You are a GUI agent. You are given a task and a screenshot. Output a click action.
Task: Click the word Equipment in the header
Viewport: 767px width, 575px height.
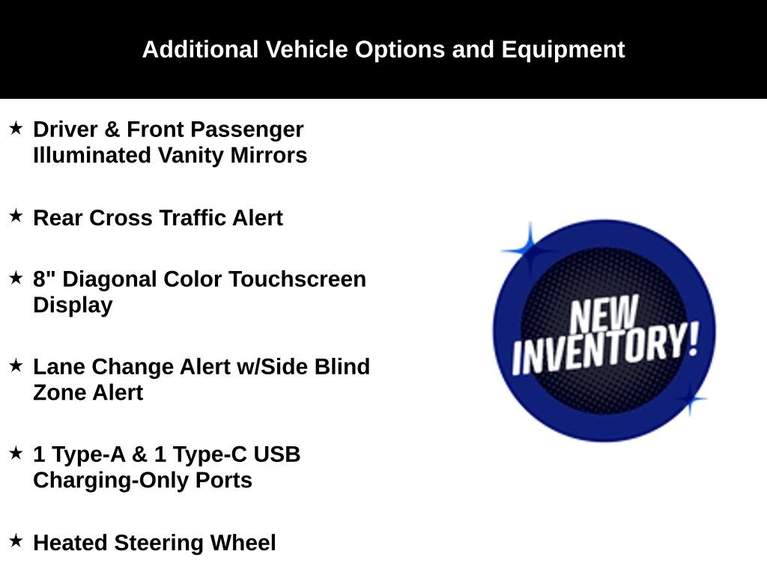pos(563,50)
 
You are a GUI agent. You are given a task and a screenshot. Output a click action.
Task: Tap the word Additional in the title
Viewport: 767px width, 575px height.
pos(200,49)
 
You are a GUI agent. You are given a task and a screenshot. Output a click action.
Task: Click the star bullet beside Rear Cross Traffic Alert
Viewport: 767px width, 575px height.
pos(16,215)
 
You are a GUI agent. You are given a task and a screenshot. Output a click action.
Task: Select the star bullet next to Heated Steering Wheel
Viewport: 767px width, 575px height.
pos(16,541)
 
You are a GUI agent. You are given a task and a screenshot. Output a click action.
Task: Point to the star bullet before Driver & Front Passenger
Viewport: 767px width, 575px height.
pos(16,128)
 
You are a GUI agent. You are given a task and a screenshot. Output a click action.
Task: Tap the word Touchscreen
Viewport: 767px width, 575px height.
pos(297,279)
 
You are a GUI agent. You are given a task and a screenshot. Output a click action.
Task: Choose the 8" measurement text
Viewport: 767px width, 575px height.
pos(44,279)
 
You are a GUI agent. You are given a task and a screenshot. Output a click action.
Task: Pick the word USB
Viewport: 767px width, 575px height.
pos(277,454)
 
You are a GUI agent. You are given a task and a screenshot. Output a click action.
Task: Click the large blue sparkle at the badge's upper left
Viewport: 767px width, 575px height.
pos(530,250)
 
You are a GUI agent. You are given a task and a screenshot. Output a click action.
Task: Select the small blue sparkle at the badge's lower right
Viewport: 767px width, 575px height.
pos(690,399)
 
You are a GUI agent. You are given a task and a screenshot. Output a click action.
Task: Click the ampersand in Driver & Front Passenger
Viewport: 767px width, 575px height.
pos(112,130)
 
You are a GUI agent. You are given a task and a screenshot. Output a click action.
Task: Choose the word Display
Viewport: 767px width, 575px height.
pos(73,305)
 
